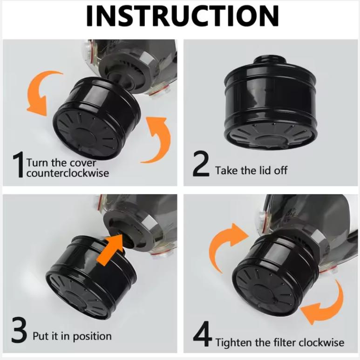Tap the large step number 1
point(18,166)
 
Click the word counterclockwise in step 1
point(67,173)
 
